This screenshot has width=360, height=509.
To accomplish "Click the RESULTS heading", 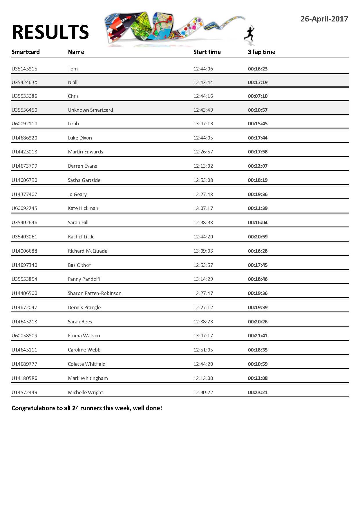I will (50, 32).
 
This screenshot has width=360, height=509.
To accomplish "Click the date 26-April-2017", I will (324, 19).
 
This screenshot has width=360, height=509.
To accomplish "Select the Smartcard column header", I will (26, 52).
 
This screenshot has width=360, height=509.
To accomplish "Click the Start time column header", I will (207, 52).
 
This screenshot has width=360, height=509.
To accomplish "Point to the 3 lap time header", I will (261, 52).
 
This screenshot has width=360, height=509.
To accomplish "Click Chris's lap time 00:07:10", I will (258, 96).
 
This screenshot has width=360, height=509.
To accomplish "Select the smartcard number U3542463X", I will (24, 82).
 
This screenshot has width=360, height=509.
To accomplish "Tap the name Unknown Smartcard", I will (91, 110).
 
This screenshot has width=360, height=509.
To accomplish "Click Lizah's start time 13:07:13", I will (203, 124).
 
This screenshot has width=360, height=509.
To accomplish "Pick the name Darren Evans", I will (82, 166).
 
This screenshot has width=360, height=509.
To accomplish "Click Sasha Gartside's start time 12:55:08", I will (203, 180).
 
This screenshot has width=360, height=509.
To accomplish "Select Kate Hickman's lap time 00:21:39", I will (258, 208).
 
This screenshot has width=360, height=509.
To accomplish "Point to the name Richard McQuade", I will (88, 251).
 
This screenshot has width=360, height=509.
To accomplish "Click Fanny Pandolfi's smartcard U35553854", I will (24, 279).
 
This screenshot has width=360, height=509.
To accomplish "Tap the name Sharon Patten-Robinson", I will (95, 293).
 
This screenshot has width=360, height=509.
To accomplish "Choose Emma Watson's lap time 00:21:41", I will (258, 336).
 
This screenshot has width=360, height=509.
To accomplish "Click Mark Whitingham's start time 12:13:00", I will (203, 378).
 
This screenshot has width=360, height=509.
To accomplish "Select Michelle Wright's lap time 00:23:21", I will (258, 392).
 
